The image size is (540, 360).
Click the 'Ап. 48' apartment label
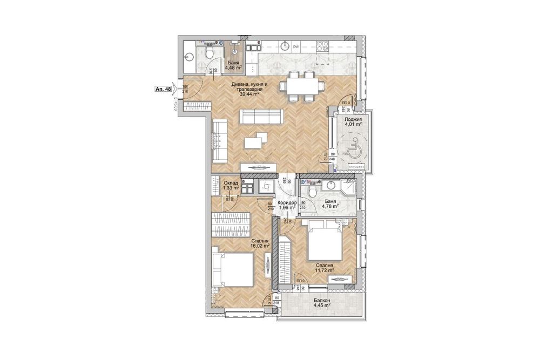163,90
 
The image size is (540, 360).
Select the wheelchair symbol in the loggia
354,146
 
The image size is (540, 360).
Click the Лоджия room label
353,118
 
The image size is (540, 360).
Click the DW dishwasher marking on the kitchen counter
296,47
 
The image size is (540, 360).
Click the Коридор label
287,202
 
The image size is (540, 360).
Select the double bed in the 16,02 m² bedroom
233,268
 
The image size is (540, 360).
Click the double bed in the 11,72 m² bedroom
325,244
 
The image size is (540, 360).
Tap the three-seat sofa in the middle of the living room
260,116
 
